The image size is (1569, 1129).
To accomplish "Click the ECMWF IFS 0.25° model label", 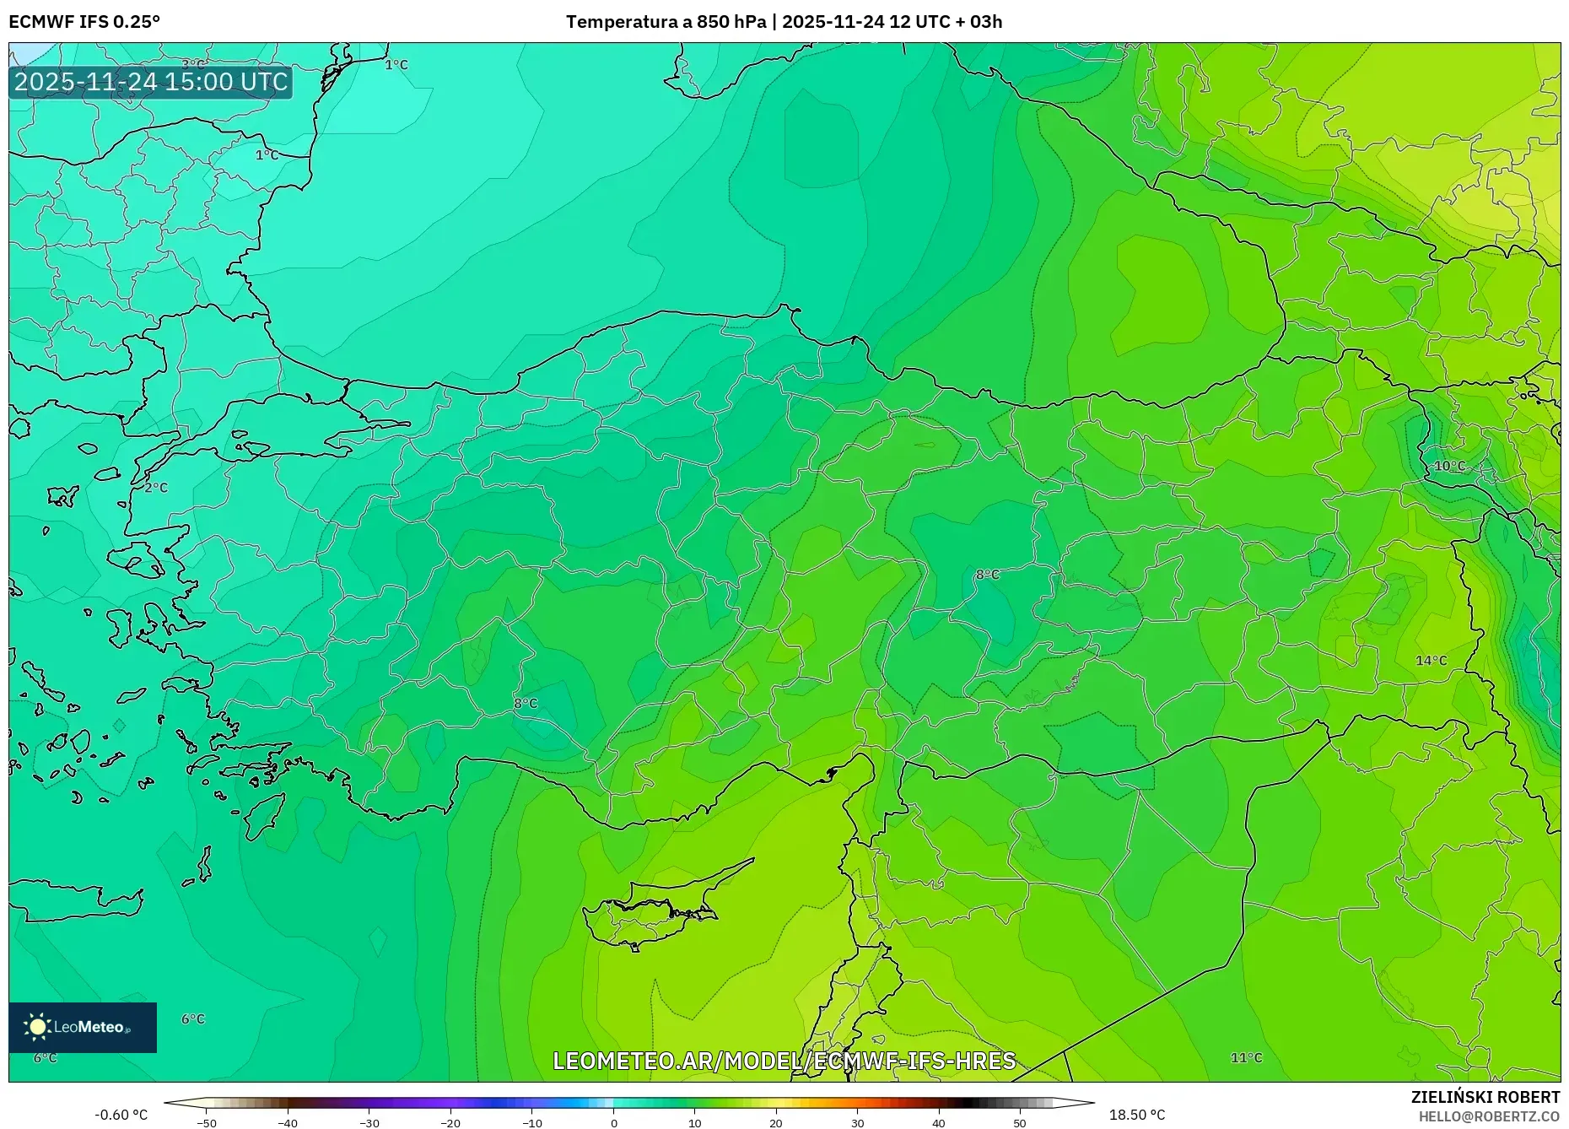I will tap(84, 22).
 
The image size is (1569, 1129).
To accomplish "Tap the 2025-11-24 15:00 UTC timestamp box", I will tap(151, 82).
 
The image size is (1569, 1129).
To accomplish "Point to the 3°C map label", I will tap(193, 64).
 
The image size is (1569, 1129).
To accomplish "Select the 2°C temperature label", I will tap(156, 488).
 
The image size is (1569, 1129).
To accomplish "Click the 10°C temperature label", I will tap(1450, 466).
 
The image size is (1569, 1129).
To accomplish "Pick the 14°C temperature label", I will tap(1432, 660).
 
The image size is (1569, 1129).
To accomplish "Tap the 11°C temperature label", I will tap(1246, 1057).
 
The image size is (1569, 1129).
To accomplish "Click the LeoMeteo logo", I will tap(83, 1027).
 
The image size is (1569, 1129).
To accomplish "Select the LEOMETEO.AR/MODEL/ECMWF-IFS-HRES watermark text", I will tap(784, 1061).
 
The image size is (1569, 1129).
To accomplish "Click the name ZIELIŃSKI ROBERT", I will tap(1485, 1097).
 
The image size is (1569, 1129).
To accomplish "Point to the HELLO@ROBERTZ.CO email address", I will tap(1489, 1116).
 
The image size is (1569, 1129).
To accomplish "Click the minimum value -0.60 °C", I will tap(121, 1115).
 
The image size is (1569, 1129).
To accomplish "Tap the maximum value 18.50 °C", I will tap(1137, 1115).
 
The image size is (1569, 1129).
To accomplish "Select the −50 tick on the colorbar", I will tap(207, 1123).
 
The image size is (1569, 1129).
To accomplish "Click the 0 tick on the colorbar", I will tap(614, 1123).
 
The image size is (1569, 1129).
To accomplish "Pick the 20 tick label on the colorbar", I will tap(776, 1123).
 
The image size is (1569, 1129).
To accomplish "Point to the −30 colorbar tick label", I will tap(369, 1123).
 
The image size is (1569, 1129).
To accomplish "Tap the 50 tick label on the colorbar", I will tap(1020, 1123).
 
